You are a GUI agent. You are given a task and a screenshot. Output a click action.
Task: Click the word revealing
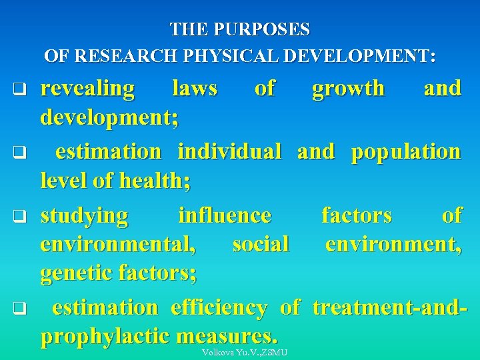(87, 88)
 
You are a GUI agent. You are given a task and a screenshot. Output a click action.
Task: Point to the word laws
(195, 88)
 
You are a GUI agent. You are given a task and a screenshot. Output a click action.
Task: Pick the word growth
(349, 88)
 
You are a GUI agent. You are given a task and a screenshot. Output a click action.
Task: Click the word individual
(229, 151)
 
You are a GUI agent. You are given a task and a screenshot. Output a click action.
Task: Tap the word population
(406, 151)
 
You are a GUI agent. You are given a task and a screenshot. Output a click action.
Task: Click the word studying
(85, 215)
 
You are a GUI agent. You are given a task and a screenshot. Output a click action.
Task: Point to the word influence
(225, 215)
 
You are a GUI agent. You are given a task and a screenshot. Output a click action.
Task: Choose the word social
(261, 244)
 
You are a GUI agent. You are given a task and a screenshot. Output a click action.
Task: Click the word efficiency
(219, 307)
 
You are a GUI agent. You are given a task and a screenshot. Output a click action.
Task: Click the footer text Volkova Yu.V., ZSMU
(244, 353)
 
